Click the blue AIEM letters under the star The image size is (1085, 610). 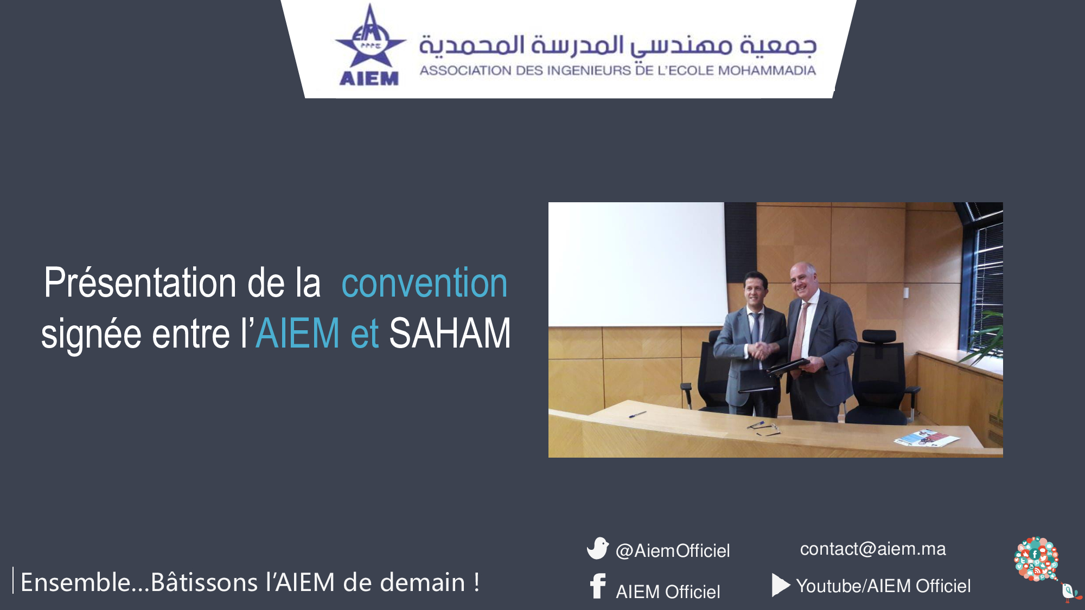point(369,79)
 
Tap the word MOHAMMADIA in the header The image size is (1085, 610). point(767,70)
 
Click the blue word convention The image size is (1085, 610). point(424,283)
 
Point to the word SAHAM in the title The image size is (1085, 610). point(450,333)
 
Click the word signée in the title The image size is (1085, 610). point(91,335)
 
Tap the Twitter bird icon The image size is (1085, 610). point(598,548)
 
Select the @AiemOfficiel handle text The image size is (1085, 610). point(673,551)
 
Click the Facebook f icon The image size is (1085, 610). point(598,586)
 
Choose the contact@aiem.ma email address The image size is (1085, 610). point(873,549)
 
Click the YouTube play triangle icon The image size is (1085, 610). point(781,586)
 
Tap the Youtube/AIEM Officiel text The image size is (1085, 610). point(883,586)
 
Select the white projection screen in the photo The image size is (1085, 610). point(637,264)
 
